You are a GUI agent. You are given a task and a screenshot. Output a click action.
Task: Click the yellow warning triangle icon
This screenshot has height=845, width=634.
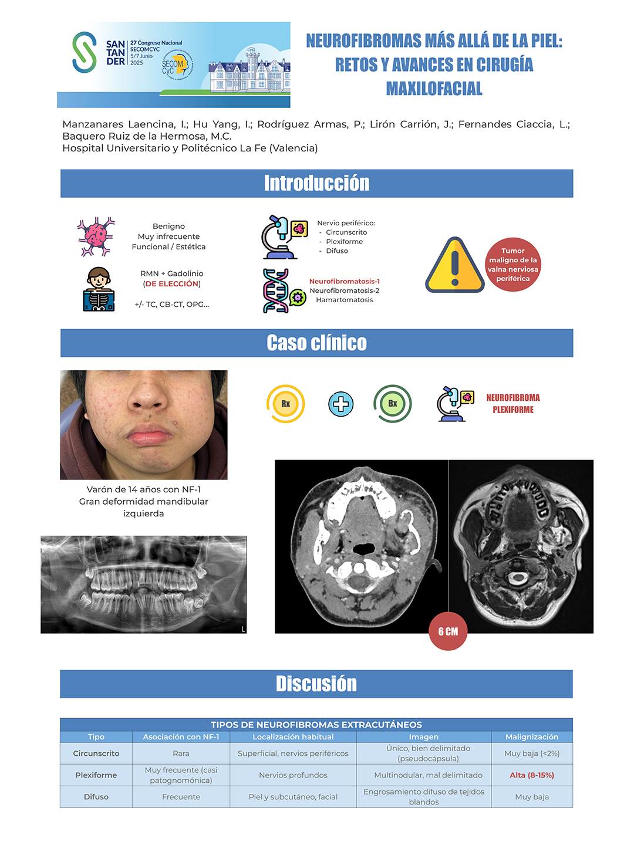tap(455, 266)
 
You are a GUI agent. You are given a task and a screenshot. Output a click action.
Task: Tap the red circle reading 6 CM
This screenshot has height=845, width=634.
tap(448, 631)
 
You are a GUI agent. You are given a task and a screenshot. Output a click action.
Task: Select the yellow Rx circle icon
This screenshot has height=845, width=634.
tap(286, 404)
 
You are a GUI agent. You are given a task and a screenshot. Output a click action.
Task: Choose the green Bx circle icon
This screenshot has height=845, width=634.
tap(393, 404)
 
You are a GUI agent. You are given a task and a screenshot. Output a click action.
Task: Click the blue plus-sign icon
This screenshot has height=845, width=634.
tap(341, 404)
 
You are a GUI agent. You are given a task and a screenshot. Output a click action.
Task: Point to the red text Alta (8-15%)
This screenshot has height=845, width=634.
tap(532, 775)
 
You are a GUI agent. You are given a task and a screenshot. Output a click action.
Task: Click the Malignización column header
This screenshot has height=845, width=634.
tap(532, 737)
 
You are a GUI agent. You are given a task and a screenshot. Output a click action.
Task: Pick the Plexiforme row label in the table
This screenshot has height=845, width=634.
tap(96, 775)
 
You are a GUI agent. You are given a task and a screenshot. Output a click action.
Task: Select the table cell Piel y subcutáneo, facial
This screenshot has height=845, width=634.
tap(293, 797)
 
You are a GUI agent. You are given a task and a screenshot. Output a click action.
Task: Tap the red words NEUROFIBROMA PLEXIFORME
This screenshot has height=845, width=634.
tap(513, 404)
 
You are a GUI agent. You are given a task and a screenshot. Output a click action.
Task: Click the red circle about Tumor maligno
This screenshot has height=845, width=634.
tap(512, 265)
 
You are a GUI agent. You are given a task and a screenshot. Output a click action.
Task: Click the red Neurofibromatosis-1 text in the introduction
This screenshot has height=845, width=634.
tap(345, 282)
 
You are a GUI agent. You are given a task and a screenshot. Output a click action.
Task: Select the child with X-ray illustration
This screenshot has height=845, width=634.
tap(99, 289)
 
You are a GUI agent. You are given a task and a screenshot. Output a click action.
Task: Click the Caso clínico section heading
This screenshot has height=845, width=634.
tap(316, 343)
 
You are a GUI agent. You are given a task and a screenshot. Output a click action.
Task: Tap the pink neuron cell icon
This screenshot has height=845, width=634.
tap(96, 236)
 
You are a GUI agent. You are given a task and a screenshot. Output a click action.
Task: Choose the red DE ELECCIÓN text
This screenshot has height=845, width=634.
tap(172, 284)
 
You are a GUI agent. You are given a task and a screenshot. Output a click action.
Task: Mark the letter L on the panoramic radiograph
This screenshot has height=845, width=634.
tap(243, 630)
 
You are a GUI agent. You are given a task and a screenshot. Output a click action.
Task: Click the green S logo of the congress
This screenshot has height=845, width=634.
tap(85, 53)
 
